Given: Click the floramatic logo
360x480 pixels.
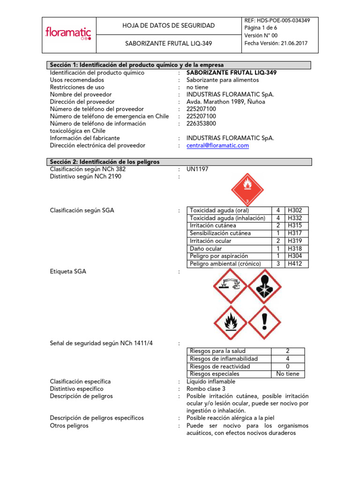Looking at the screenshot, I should point(68,34).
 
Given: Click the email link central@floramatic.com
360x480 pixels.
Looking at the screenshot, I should point(217,146).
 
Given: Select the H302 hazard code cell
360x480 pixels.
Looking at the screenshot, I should point(294,210).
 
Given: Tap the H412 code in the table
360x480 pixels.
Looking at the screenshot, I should point(294,264).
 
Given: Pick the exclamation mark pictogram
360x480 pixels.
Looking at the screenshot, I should point(264,322).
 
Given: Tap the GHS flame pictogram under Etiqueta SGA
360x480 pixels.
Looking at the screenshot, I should point(230,322).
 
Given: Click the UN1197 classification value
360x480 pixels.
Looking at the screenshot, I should point(197,169).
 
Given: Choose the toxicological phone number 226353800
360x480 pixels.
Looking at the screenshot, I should point(201,124).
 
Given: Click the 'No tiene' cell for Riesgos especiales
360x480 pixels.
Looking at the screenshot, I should point(287,374).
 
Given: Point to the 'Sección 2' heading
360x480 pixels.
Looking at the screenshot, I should point(105,162).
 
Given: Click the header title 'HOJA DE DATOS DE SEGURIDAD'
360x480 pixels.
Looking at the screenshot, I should point(168,26).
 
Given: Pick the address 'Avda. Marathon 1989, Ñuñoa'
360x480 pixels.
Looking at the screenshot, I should point(225,102).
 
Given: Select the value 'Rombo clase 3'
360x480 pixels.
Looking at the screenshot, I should point(206,389).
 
